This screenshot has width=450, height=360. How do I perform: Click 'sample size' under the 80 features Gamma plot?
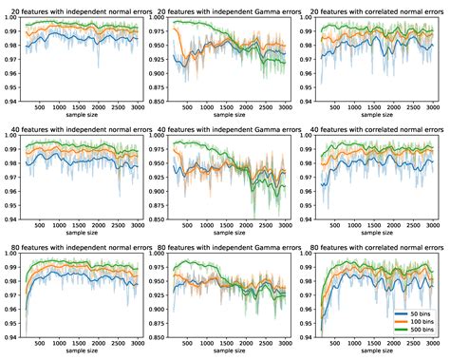click(228, 353)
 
